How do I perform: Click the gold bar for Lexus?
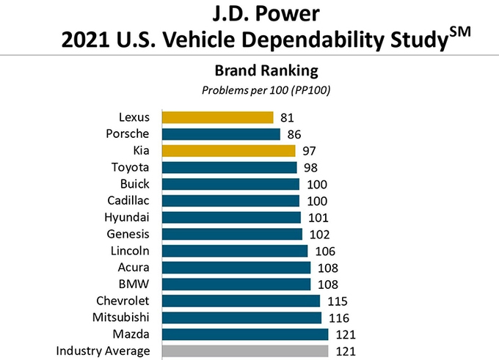(217, 117)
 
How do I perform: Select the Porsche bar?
(221, 134)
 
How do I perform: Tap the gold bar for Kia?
(228, 151)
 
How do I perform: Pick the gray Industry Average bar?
(245, 351)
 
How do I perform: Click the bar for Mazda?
(245, 334)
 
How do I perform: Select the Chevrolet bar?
(241, 301)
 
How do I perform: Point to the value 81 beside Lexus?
(287, 117)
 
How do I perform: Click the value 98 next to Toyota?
(310, 168)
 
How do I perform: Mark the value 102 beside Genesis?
(318, 235)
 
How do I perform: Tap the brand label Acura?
(134, 267)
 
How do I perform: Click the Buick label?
(135, 183)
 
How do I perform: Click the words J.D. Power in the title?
(252, 13)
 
